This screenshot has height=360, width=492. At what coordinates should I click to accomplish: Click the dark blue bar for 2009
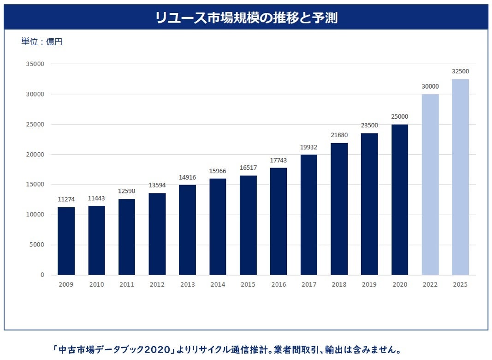[x=66, y=241]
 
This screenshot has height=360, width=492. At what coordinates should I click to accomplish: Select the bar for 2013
[x=187, y=230]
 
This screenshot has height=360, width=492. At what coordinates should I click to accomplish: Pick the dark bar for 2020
[x=400, y=199]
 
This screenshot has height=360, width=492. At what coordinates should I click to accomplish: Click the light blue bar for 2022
[x=430, y=185]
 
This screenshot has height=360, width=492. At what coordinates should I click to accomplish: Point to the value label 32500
[x=460, y=72]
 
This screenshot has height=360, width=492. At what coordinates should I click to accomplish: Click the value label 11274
[x=66, y=199]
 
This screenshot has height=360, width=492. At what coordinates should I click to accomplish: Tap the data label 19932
[x=308, y=147]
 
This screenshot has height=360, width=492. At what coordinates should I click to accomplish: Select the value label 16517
[x=248, y=168]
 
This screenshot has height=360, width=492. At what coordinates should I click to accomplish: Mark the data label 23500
[x=369, y=126]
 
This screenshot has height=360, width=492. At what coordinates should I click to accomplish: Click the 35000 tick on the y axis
[x=35, y=64]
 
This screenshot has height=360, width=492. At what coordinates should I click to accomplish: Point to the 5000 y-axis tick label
[x=36, y=245]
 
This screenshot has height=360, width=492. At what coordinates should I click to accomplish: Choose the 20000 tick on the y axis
[x=35, y=155]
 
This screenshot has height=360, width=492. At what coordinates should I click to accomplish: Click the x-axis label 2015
[x=248, y=284]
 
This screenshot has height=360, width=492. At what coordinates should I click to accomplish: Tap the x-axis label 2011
[x=127, y=284]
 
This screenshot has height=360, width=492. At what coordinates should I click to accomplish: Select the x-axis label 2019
[x=369, y=284]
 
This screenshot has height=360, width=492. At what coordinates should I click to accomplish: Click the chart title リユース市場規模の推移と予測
[x=246, y=18]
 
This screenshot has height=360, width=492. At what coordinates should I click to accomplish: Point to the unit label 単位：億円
[x=41, y=42]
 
